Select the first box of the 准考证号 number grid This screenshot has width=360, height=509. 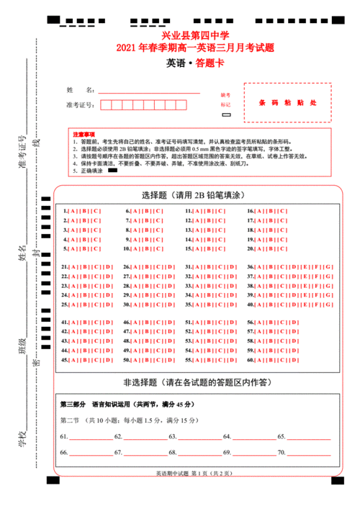point(107,105)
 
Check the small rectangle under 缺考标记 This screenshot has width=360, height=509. point(226,114)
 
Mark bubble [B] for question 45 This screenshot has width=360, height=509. point(85,359)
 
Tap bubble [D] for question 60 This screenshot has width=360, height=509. point(295,359)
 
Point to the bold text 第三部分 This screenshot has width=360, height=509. point(73,403)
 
